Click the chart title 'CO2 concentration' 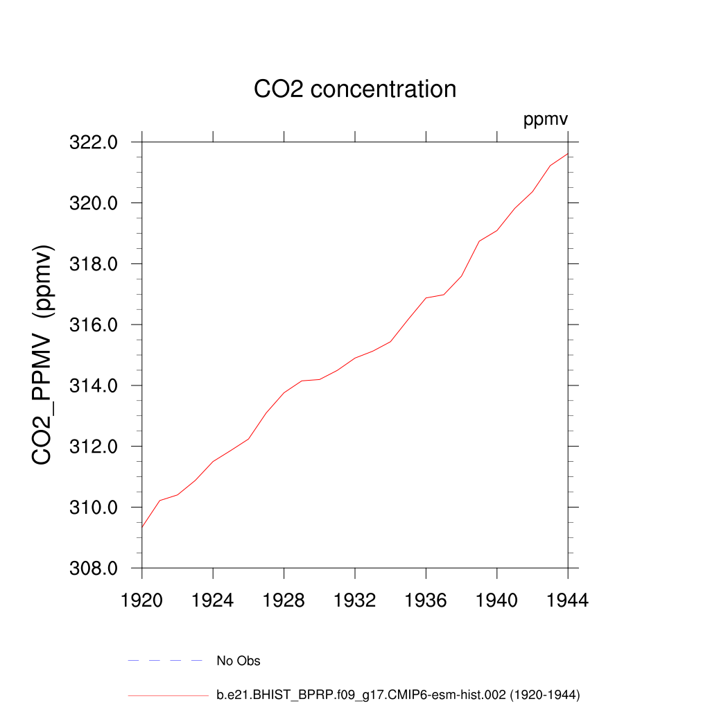tap(355, 89)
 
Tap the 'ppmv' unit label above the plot tap(546, 120)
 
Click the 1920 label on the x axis tap(142, 600)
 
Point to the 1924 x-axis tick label tap(213, 600)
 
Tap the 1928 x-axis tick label tap(284, 600)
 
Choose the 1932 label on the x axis tap(355, 600)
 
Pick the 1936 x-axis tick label tap(426, 600)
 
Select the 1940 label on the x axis tap(497, 600)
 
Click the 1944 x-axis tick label tap(568, 600)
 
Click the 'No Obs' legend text tap(239, 661)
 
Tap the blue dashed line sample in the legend tap(165, 661)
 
